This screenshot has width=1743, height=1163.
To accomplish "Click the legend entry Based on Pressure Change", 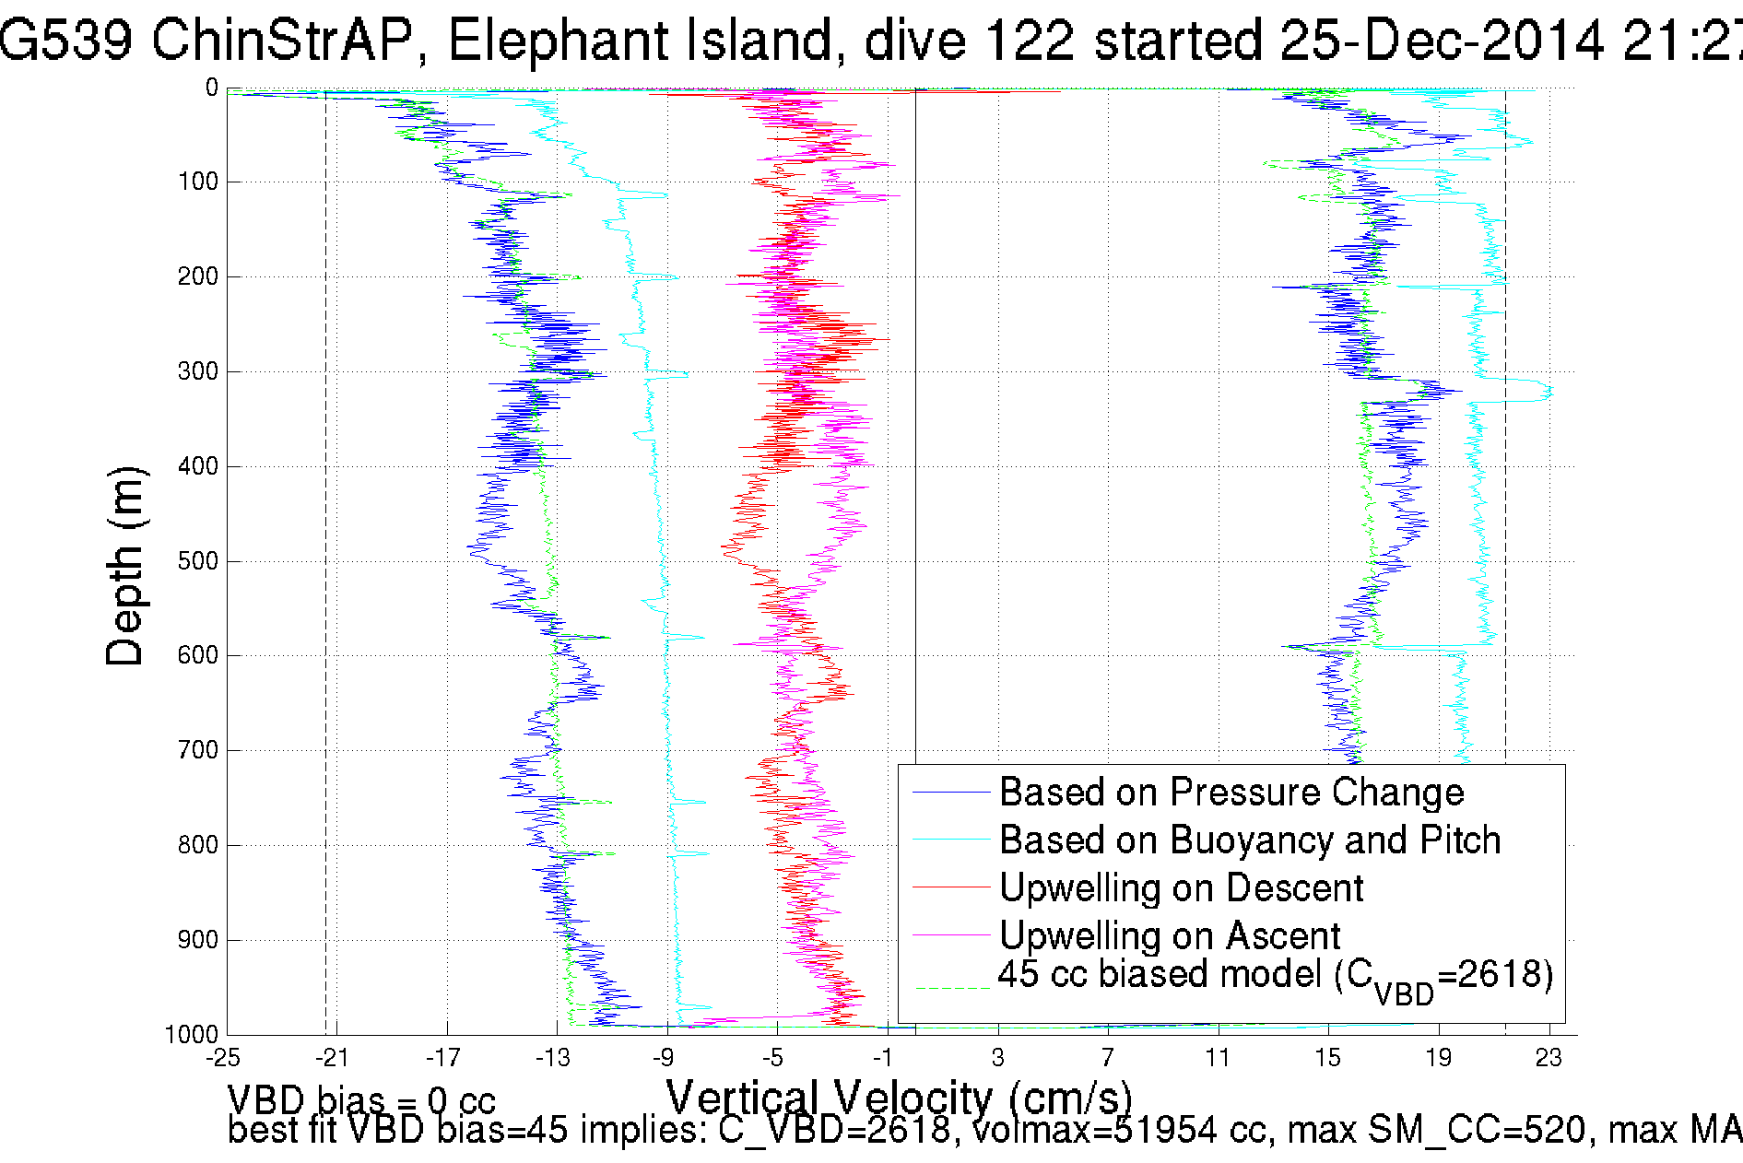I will [1231, 793].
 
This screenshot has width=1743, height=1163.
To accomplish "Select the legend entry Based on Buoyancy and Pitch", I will [1249, 840].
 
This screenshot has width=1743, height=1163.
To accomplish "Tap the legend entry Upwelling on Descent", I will [1181, 888].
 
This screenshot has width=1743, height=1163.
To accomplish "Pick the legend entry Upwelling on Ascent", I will [1169, 936].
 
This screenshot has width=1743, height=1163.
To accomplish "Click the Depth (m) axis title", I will [125, 566].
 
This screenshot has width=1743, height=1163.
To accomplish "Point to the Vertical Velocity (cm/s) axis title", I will [899, 1098].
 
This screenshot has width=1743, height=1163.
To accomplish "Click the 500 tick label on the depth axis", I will [198, 561].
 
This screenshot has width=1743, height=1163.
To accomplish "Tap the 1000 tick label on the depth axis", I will [192, 1035].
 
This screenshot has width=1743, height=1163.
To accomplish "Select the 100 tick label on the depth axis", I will [198, 182].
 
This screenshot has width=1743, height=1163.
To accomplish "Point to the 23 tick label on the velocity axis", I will [1549, 1058].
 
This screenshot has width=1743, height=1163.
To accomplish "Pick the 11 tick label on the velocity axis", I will [1218, 1058].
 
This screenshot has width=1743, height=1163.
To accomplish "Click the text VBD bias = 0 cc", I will [361, 1099].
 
